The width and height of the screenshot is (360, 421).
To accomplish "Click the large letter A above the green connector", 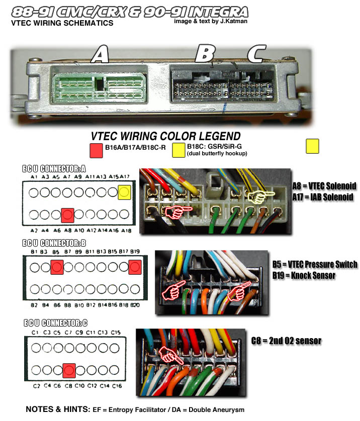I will (101, 54).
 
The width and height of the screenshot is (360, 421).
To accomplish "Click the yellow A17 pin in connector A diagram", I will (125, 192).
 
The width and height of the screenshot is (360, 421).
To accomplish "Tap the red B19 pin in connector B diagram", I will (134, 267).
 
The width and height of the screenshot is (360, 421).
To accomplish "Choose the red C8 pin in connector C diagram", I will (69, 370).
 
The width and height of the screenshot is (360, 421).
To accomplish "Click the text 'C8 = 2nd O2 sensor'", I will (286, 341).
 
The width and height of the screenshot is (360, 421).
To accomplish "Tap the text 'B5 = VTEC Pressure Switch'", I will (315, 264).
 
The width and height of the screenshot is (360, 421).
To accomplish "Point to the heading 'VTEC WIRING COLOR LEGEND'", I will (165, 136).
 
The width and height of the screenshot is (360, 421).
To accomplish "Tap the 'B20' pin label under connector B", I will (135, 305).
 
